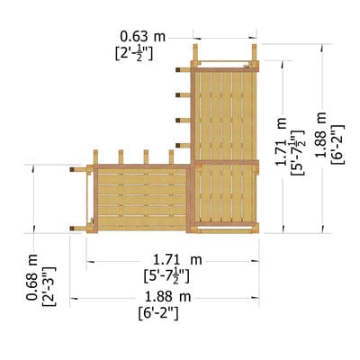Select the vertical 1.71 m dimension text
pos(283,141)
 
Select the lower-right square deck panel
pos(226,193)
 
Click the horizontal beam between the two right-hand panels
pos(226,162)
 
